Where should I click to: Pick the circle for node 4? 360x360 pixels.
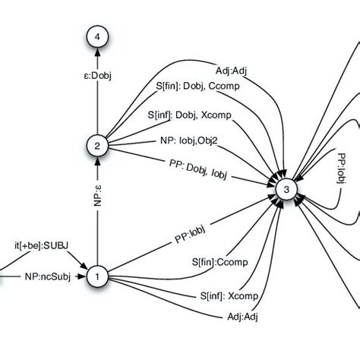tap(97, 36)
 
